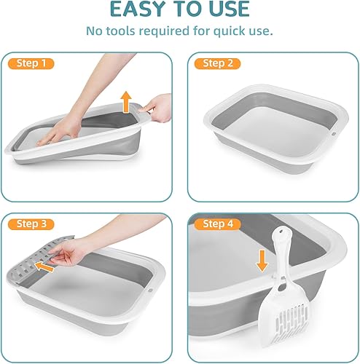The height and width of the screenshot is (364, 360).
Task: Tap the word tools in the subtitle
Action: [x=120, y=31]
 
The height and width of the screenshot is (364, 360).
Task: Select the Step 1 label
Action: [x=34, y=64]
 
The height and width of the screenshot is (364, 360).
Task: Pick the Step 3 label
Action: [x=34, y=223]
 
